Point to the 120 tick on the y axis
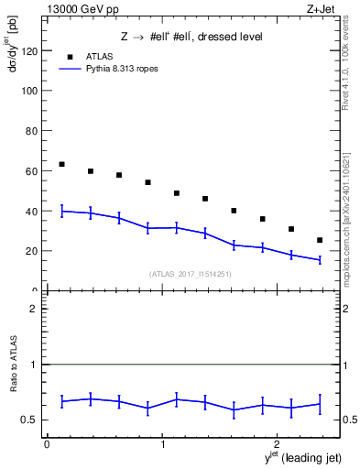pos(28,51)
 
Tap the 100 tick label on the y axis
pos(28,92)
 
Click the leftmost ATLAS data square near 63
pos(61,164)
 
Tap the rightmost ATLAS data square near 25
pos(319,240)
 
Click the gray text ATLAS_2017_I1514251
pos(190,273)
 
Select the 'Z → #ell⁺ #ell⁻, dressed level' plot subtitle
pos(191,37)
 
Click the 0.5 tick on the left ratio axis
pos(31,420)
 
